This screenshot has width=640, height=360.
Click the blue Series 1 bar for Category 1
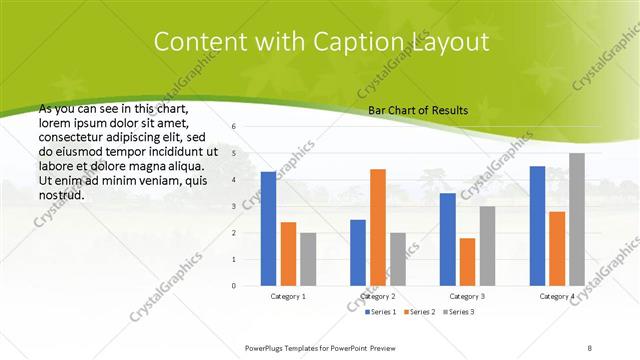pos(268,229)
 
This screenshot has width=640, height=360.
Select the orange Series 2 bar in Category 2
pos(377,227)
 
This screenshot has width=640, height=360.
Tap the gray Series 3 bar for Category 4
pos(577,219)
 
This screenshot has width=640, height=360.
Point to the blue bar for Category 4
pos(537,226)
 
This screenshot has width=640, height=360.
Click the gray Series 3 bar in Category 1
pos(308,259)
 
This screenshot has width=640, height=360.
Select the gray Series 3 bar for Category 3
pos(487,246)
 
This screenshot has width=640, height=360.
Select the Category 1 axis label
pos(288,296)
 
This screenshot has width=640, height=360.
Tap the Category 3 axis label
pos(467,296)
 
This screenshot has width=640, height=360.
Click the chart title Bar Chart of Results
pos(418,111)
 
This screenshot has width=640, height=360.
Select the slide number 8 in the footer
pos(590,346)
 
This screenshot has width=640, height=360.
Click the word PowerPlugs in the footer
pos(267,346)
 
